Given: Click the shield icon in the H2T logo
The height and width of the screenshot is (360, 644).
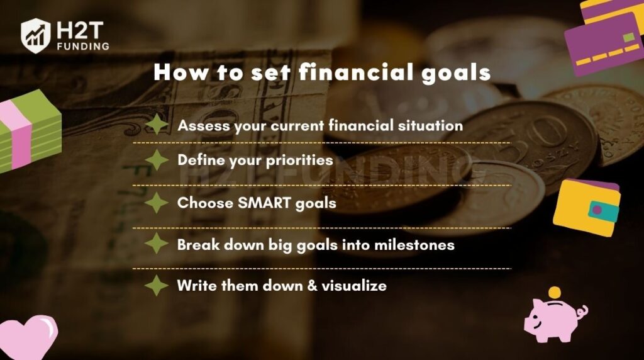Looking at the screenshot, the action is (36, 36).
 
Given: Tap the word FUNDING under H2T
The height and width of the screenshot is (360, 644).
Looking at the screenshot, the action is (84, 47).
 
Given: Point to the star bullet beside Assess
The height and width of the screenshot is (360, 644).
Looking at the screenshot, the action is (157, 125).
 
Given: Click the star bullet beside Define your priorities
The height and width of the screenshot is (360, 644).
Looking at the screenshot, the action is (157, 160).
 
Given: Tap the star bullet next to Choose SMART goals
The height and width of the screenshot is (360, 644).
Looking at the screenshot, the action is (157, 203).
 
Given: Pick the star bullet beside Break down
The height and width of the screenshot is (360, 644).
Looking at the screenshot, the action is (157, 244).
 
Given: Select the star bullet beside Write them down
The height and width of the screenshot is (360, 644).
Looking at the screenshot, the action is (157, 285).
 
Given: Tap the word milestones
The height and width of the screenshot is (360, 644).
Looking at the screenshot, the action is (414, 245).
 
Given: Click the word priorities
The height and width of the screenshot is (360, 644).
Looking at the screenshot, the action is (299, 160).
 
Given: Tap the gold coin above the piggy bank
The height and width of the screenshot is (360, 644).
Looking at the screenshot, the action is (555, 293).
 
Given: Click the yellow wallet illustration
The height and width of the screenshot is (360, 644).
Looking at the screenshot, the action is (587, 208).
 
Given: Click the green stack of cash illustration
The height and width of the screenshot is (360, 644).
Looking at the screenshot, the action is (29, 130).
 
